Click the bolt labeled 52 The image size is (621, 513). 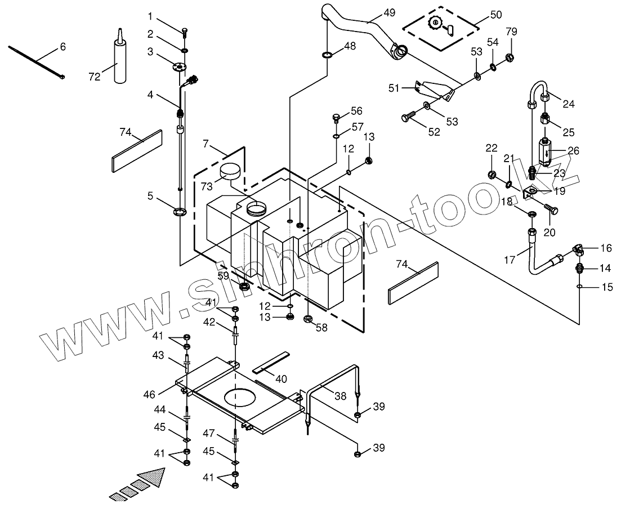point(409,117)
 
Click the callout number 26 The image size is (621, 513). point(573,151)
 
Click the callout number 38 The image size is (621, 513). point(340,396)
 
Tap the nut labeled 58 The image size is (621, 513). point(309,319)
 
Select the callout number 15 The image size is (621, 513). point(607,288)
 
